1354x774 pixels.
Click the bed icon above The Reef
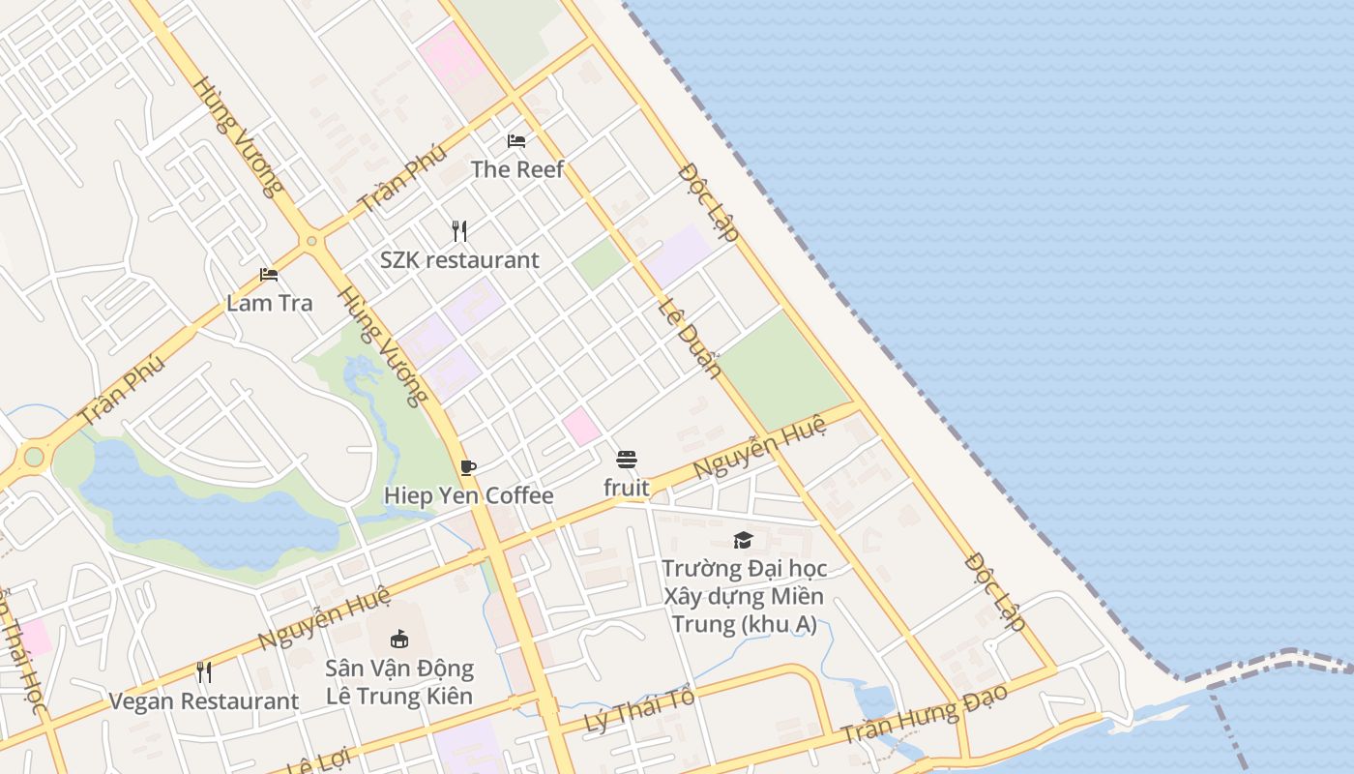click(x=516, y=141)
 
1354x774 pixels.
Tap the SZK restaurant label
click(x=459, y=260)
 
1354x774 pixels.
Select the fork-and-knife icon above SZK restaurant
click(x=459, y=231)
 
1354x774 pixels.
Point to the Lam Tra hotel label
click(x=269, y=303)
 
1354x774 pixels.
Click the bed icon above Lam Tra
click(x=269, y=275)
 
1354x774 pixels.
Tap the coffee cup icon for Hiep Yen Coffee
click(x=468, y=468)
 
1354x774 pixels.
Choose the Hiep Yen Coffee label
click(x=468, y=496)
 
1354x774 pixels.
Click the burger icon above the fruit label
click(x=627, y=460)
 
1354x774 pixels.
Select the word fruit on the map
click(x=627, y=489)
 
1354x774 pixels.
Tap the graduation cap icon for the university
click(x=743, y=540)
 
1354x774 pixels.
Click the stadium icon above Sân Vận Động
click(x=398, y=639)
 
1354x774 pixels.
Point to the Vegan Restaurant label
click(x=203, y=701)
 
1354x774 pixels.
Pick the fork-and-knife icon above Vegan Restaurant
click(x=203, y=672)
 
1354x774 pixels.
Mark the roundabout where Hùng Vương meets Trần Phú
click(x=311, y=240)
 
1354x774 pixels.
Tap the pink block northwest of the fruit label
click(x=581, y=427)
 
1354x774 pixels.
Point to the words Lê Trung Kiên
click(x=398, y=697)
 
